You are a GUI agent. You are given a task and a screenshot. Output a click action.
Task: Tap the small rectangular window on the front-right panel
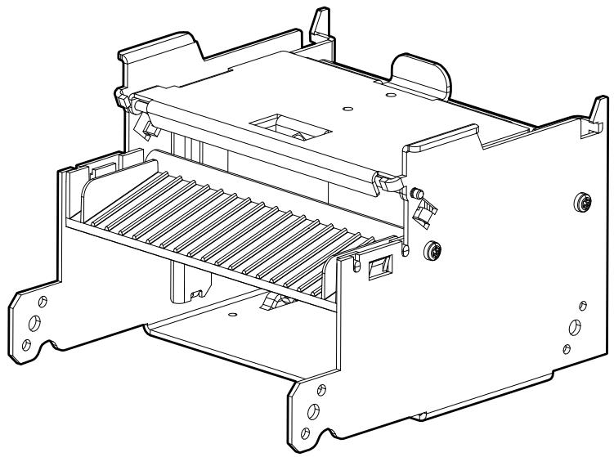click(x=379, y=267)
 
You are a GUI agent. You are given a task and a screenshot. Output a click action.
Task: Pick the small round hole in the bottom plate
click(x=233, y=313)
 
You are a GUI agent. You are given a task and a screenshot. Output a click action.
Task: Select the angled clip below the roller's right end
click(x=423, y=214)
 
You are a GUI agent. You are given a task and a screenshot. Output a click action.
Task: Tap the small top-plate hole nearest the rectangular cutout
click(x=347, y=107)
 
